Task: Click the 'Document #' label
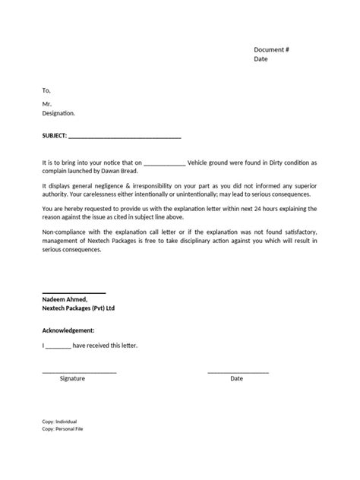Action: (x=272, y=49)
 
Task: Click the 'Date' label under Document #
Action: (x=261, y=59)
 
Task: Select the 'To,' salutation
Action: (x=46, y=90)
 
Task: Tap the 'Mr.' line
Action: (x=47, y=104)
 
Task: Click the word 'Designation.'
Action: (x=59, y=113)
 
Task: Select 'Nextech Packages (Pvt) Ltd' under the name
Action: (x=79, y=308)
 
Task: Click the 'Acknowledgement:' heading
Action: (x=68, y=330)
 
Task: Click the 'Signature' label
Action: (x=72, y=377)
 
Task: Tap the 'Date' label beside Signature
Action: (x=237, y=377)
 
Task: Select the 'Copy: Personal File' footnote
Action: (x=62, y=428)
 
